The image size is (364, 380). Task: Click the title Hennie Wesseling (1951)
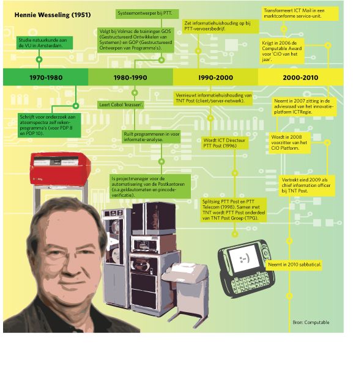pos(53,15)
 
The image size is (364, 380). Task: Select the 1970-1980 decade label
pos(46,78)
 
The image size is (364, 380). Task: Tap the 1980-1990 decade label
pos(130,78)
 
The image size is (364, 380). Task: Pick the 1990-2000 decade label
pos(215,78)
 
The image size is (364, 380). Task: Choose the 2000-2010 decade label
pos(300,78)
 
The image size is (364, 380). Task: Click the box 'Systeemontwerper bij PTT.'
pos(147,13)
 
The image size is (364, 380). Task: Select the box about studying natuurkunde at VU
pos(45,43)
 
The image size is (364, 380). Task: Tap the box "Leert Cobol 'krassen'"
pos(121,104)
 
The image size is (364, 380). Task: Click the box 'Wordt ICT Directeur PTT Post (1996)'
pos(225,143)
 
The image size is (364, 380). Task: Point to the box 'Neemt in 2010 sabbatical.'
pos(295,265)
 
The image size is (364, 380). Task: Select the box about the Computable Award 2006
pos(282,51)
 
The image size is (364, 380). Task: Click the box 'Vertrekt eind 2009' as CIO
pos(306,185)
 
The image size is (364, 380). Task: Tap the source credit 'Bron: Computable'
pos(311,323)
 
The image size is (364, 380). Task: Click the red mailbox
pos(60,169)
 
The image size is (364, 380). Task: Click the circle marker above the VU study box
pos(39,59)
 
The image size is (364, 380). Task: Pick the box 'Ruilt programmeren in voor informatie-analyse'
pos(152,137)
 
